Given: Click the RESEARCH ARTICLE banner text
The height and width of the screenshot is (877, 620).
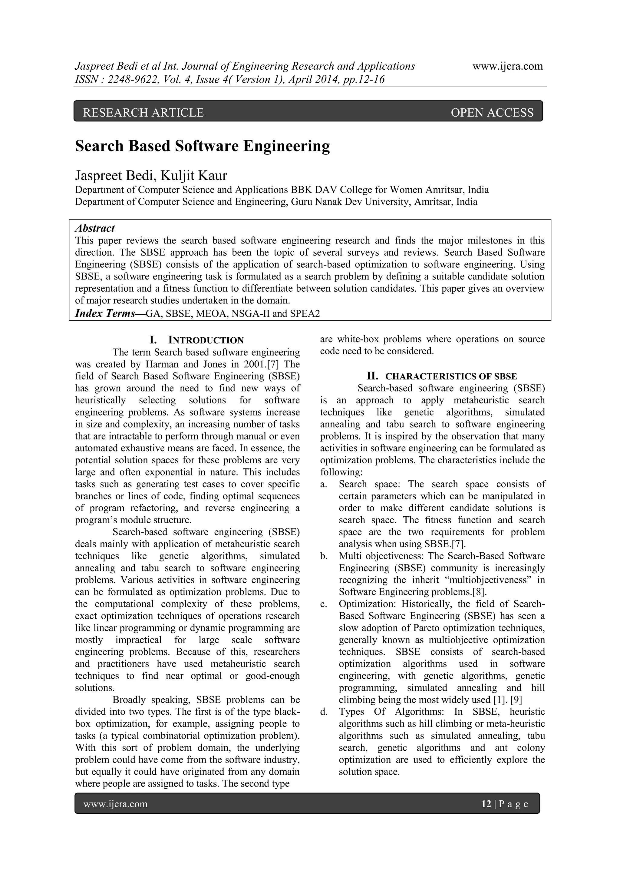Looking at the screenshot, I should (x=143, y=112).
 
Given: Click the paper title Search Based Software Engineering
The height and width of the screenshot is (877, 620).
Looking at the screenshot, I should (x=202, y=146).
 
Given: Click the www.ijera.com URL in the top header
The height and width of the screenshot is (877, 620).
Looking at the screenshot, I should (x=507, y=66).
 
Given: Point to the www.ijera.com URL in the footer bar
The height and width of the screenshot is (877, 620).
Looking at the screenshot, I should (x=115, y=804).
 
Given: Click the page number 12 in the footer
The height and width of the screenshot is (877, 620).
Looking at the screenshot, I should (x=486, y=804).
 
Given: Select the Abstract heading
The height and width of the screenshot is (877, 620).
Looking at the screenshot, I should (x=95, y=228).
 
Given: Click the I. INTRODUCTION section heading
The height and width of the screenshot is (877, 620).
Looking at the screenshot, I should (x=196, y=340).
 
